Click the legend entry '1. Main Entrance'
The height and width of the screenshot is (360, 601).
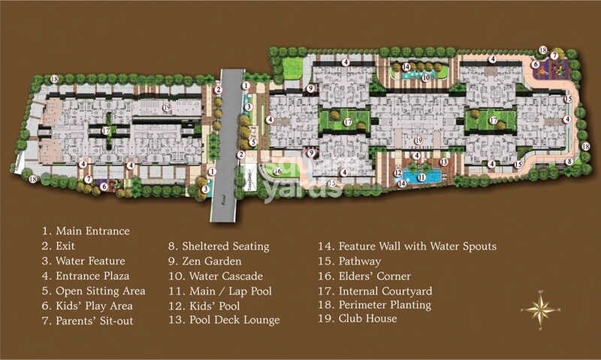(86, 231)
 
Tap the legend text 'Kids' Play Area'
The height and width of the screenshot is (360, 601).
(87, 306)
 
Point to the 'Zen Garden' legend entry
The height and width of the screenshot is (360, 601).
(204, 261)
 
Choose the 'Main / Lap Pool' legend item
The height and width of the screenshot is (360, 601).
(219, 291)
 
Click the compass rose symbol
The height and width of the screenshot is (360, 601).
(540, 308)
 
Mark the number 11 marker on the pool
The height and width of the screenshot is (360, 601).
(421, 177)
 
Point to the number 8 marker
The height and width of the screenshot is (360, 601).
(569, 161)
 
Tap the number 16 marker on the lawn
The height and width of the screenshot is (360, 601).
(277, 171)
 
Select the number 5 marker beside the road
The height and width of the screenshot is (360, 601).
(253, 141)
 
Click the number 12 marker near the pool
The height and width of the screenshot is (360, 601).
(397, 173)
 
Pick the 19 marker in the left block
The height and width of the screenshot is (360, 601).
(166, 107)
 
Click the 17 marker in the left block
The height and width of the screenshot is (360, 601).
(106, 130)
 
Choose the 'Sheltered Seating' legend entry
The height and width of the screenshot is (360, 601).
(218, 246)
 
